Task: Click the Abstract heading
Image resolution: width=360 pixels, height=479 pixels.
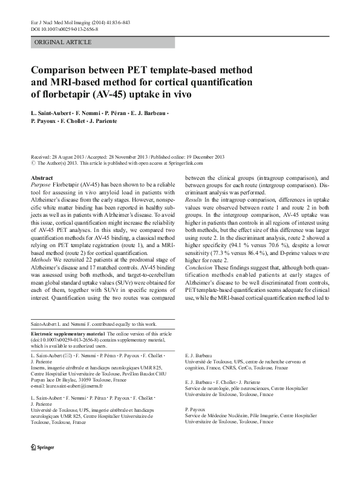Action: point(41,177)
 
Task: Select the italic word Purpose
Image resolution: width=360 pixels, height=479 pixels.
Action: point(41,185)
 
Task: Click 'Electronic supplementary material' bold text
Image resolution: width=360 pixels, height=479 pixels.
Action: point(67,334)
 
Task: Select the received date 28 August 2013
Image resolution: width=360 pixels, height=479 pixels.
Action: point(70,157)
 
